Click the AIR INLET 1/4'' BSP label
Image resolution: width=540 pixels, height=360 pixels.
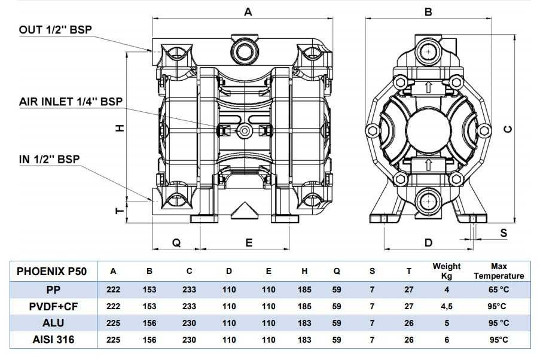[71, 101]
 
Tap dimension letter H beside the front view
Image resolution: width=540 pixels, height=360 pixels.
[120, 127]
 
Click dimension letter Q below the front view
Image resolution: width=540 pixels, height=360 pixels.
[176, 242]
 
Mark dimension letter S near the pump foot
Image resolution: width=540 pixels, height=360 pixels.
[504, 233]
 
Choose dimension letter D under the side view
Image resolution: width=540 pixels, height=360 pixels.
[428, 242]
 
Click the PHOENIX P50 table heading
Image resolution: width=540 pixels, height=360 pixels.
[52, 271]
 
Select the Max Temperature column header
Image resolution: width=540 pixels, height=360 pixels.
[499, 271]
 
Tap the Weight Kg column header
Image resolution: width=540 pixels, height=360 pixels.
[447, 271]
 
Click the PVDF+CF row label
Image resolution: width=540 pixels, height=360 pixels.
[52, 307]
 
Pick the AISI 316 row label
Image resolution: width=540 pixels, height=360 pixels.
[52, 340]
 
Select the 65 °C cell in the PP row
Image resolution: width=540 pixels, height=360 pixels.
[499, 290]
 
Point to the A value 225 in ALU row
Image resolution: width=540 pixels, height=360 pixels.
[114, 324]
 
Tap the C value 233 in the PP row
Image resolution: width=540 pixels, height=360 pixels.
[189, 290]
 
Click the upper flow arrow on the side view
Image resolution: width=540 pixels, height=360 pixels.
[428, 87]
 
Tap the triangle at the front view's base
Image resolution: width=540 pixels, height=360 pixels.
[243, 210]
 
